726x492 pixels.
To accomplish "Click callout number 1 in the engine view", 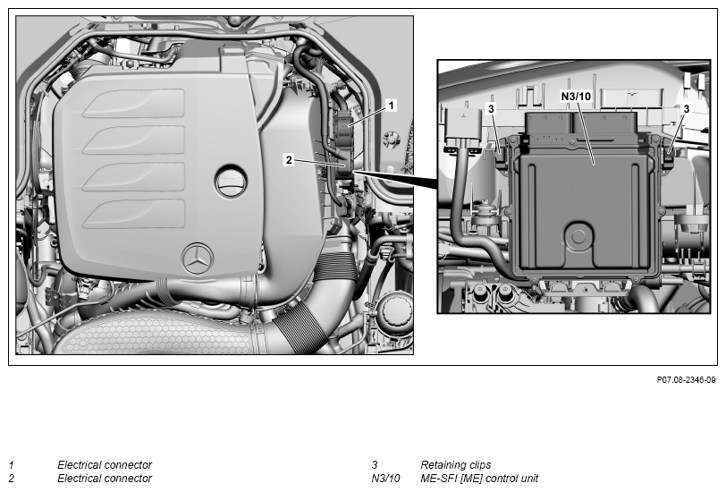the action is tap(392, 106).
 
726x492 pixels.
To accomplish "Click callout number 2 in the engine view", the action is tap(289, 160).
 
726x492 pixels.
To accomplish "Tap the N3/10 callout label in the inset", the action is tap(576, 96).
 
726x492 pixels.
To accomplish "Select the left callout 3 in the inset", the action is tap(491, 109).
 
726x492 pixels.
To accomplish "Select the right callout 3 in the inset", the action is tap(686, 109).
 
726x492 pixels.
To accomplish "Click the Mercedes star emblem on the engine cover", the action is tap(198, 259).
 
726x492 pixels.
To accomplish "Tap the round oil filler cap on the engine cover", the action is tap(231, 180).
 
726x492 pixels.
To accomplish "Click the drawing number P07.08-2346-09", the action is tap(686, 380).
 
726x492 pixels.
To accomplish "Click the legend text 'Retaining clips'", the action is tap(456, 464).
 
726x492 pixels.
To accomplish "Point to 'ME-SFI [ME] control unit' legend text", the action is tap(479, 478).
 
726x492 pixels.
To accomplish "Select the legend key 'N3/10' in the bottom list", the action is tap(385, 478).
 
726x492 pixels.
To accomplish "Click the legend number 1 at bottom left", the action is tap(11, 464).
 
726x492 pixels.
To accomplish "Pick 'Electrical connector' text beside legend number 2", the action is tap(105, 478).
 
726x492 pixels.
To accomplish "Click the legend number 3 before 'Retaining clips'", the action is tap(375, 464).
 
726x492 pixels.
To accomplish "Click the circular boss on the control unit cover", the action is tap(578, 236).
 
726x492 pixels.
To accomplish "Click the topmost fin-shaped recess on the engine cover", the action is tap(134, 103).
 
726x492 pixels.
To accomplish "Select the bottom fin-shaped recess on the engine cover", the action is tap(134, 214).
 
